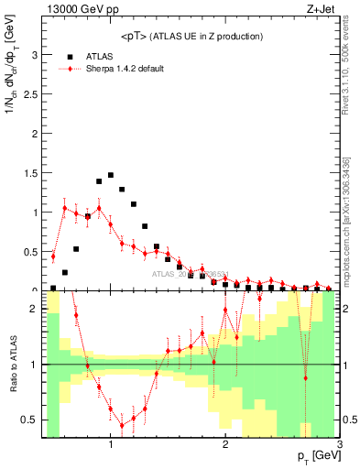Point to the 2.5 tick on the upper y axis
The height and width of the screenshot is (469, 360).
(x=30, y=93)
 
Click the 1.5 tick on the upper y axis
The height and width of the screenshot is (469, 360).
(x=30, y=172)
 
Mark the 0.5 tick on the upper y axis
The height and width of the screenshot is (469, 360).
(x=30, y=251)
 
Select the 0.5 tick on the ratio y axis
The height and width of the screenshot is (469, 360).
(x=30, y=420)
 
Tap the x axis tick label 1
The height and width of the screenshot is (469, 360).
(x=111, y=446)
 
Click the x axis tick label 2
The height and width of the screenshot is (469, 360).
(x=225, y=446)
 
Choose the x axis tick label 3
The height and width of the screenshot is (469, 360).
(x=339, y=446)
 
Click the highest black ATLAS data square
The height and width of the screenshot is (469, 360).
(x=111, y=175)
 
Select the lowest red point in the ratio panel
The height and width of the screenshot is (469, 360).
(x=122, y=425)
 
